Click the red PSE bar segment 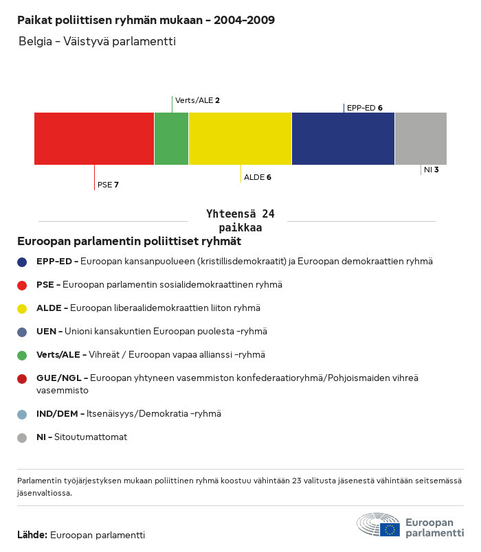94,139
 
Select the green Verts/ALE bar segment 171,139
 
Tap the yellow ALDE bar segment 240,139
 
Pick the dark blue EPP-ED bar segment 343,139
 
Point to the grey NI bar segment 421,139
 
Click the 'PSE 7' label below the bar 108,185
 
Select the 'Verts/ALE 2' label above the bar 197,100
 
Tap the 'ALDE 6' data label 258,177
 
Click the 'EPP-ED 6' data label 364,108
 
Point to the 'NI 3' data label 431,169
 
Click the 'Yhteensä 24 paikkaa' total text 240,221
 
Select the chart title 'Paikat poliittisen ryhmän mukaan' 146,20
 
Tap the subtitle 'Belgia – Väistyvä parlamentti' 97,41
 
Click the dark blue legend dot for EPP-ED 23,262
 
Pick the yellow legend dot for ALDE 23,308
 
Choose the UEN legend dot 23,332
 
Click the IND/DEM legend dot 23,414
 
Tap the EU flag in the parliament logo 390,529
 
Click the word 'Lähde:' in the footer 32,535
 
